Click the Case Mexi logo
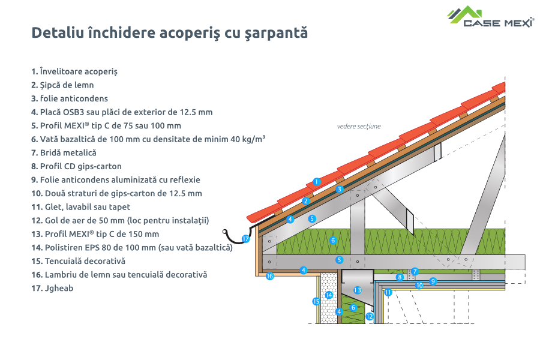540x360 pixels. click(490, 17)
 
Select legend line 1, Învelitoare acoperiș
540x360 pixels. click(74, 71)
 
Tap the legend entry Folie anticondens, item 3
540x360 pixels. click(70, 98)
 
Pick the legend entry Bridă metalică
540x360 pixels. click(64, 152)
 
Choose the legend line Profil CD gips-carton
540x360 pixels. click(76, 166)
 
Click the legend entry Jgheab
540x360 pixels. click(52, 288)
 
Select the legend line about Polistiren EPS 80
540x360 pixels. click(131, 247)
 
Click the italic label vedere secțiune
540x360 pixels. click(359, 127)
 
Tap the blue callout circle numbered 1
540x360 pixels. click(317, 181)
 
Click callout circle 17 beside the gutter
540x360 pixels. click(245, 239)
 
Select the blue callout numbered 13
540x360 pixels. click(358, 290)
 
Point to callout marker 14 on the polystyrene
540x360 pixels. click(329, 295)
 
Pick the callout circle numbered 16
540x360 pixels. click(270, 277)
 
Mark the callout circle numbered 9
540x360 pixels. click(433, 280)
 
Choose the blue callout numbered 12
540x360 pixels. click(370, 316)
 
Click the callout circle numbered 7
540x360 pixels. click(415, 271)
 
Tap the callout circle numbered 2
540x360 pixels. click(305, 201)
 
